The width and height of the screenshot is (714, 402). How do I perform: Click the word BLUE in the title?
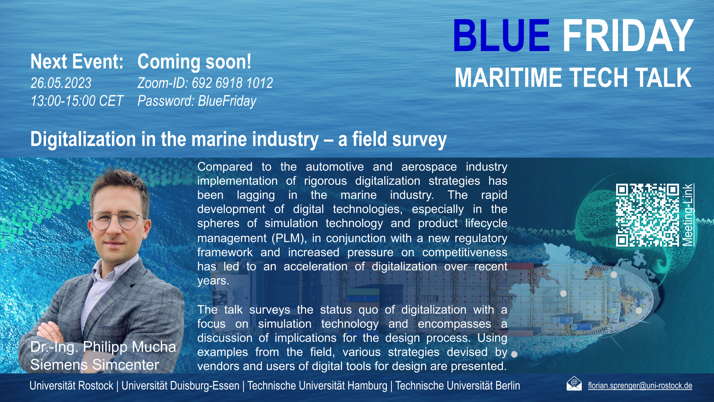pos(501,36)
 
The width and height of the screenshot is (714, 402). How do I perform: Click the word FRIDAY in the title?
pos(628,36)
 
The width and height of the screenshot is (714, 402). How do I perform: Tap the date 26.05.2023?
pos(61,83)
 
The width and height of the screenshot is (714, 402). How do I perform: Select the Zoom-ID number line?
pos(205,83)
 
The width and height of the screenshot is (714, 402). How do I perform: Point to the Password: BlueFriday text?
pos(197,101)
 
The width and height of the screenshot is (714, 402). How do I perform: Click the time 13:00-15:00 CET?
pos(77,101)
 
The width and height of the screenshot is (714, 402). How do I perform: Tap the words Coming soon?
pos(194,61)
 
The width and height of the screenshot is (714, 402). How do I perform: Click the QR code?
pos(647,215)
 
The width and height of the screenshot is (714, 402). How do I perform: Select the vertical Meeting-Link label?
pos(688,215)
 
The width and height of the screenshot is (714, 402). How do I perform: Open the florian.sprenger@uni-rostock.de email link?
pos(640,386)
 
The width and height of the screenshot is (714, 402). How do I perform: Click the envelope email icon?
pos(574,384)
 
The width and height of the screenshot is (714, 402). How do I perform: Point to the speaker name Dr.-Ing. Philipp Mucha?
pos(103,347)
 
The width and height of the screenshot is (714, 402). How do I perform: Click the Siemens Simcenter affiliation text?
pos(95,365)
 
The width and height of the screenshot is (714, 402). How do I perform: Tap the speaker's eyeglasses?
pos(119,220)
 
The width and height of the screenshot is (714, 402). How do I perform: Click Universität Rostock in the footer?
pos(71,386)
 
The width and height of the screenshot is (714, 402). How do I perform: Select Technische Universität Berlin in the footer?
pos(458,386)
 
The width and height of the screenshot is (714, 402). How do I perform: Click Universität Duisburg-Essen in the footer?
pos(180,386)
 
